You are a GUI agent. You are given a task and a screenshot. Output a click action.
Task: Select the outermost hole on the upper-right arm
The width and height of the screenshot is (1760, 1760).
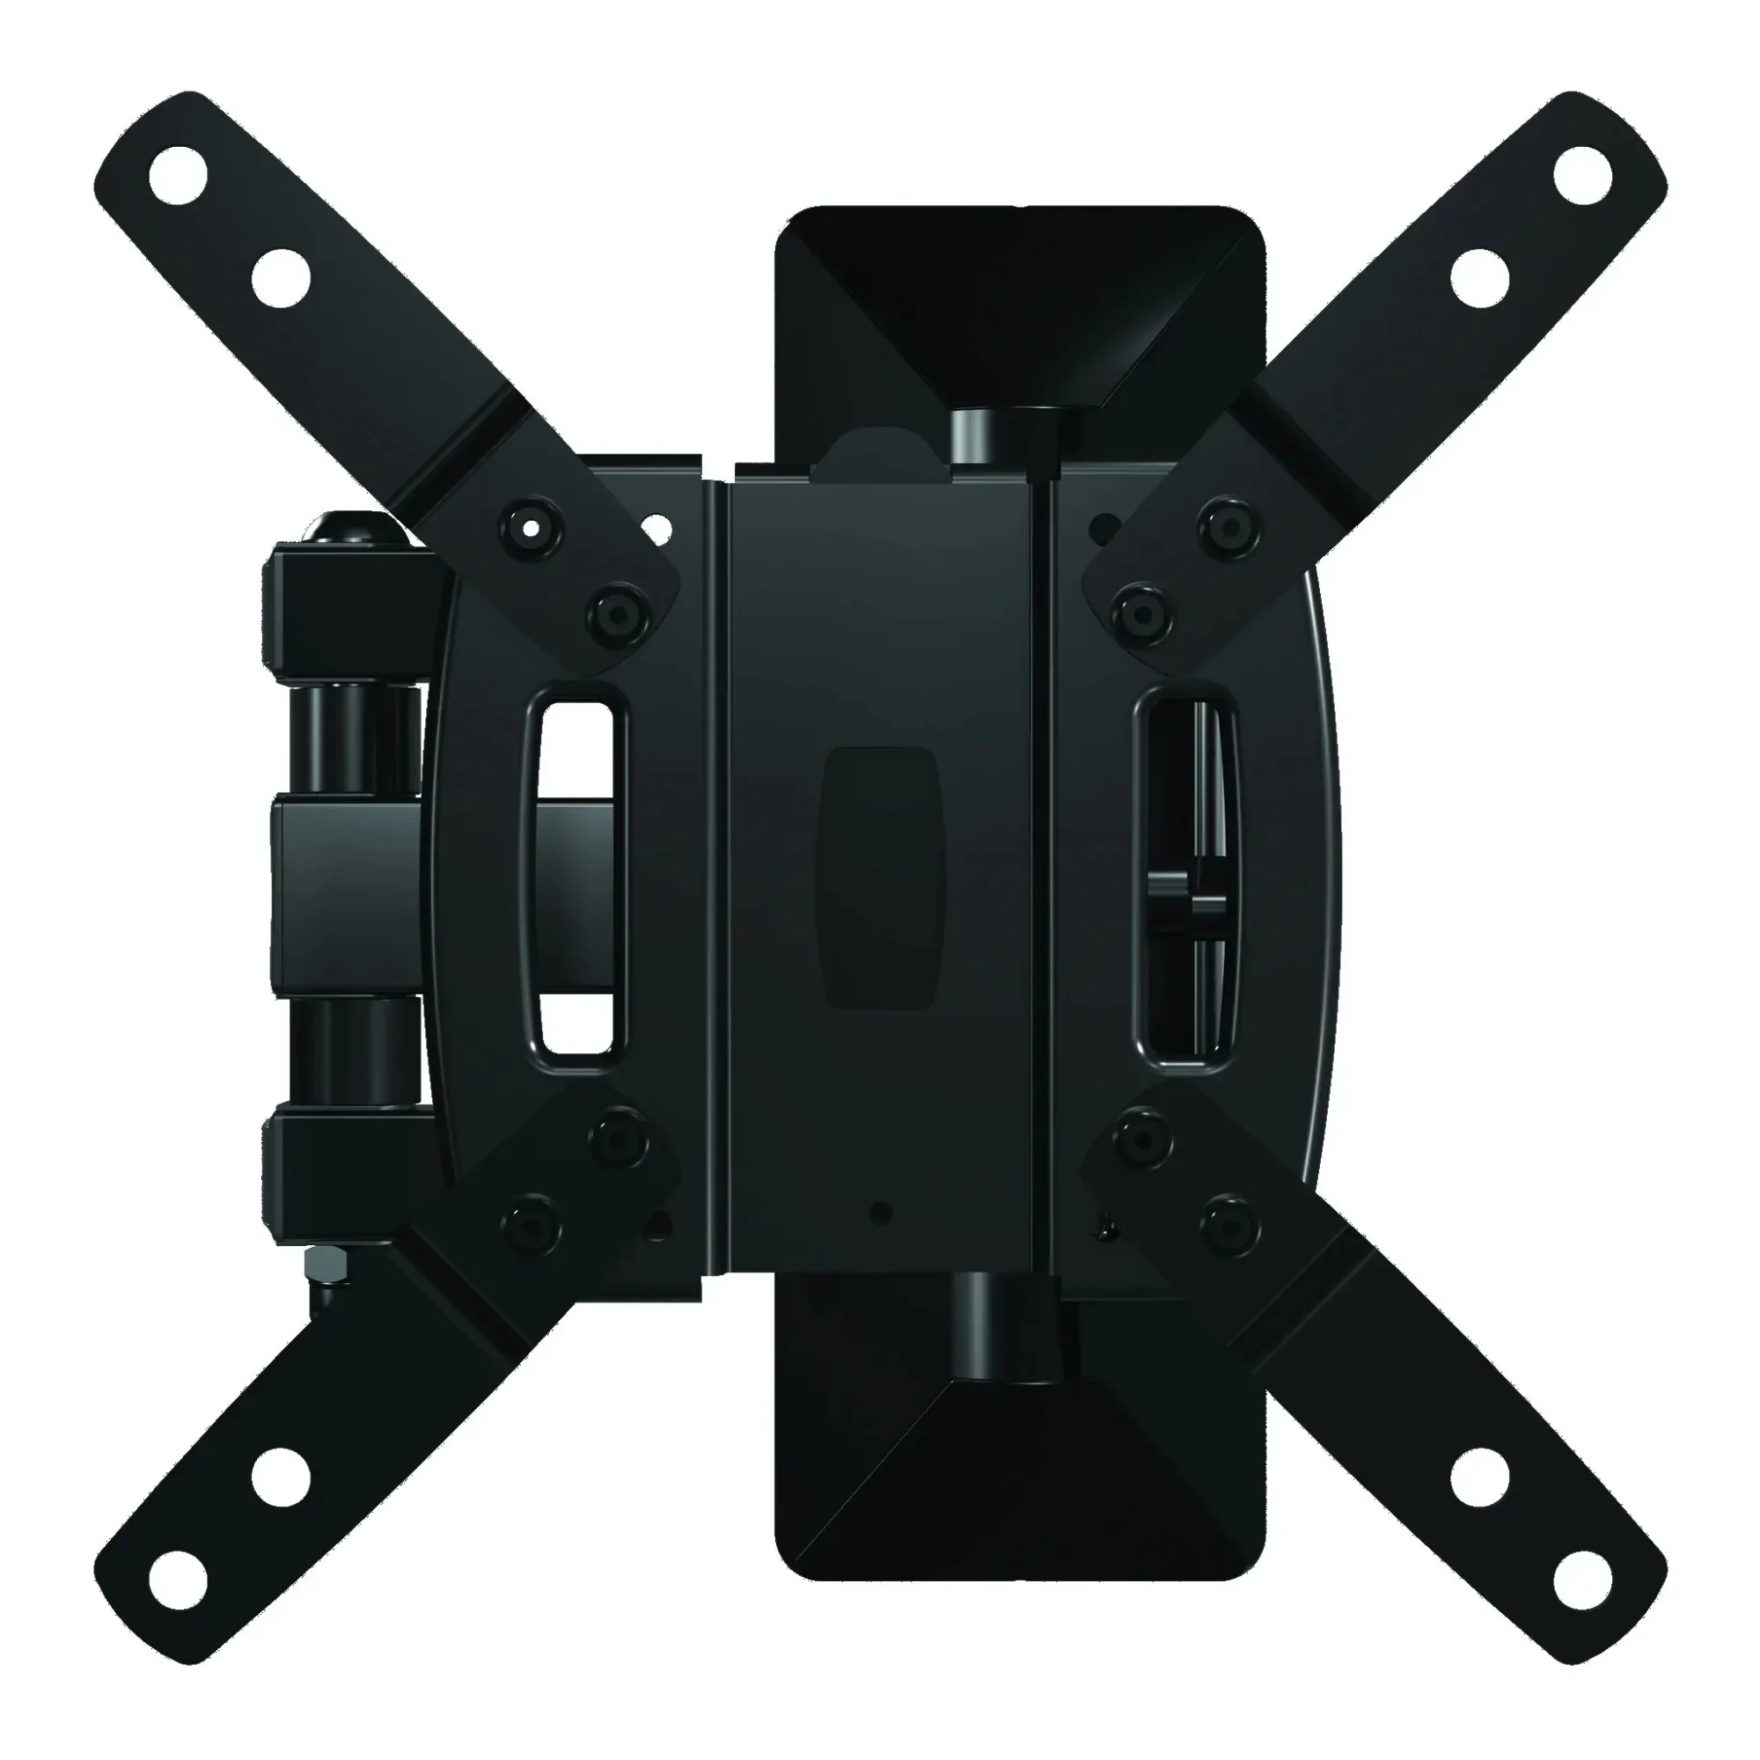1582,174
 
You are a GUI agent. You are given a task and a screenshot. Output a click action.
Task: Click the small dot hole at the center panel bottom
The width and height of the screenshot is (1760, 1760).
878,1213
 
